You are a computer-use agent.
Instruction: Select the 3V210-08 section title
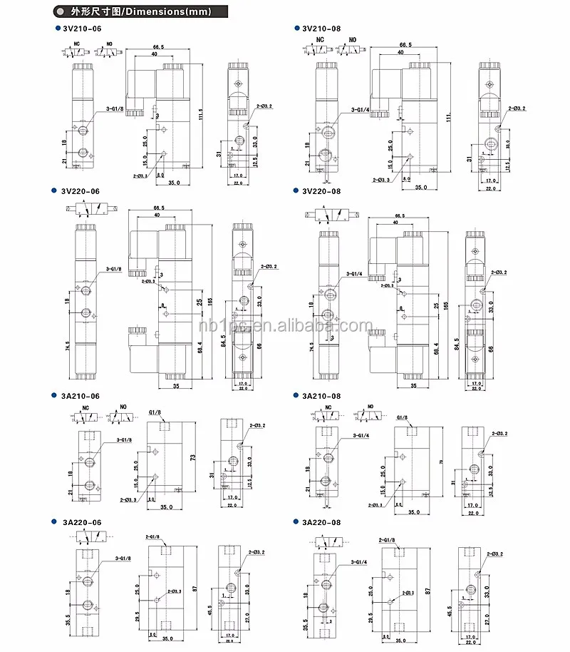[321, 29]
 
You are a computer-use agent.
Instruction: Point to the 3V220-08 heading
[321, 191]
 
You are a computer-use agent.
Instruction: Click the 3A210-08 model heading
[321, 395]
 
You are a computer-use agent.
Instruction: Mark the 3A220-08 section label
[321, 523]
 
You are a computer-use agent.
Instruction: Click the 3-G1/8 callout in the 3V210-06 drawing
[114, 109]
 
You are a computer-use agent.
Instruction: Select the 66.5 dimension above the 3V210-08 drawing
[407, 44]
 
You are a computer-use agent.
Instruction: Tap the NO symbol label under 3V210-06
[109, 44]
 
